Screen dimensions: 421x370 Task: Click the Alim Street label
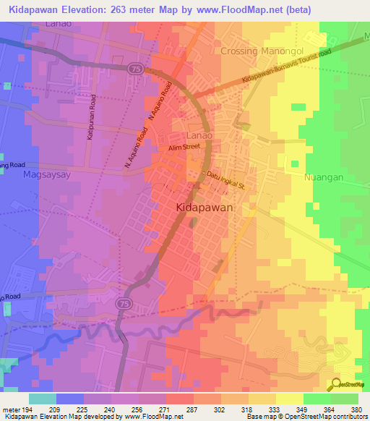[184, 147]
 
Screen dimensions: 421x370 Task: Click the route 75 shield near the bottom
[120, 299]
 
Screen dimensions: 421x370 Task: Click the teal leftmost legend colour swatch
[43, 399]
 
